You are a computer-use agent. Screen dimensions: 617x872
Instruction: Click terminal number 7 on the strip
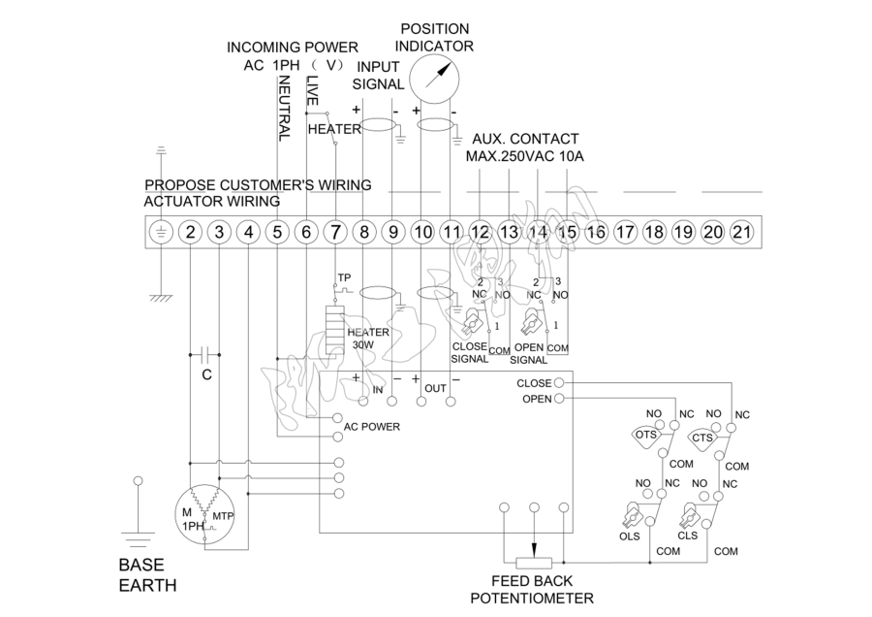coord(335,233)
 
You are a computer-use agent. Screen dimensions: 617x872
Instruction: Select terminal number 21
coord(741,233)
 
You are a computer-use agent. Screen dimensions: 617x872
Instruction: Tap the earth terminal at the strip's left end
coord(161,233)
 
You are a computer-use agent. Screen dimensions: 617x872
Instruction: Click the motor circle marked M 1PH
coord(206,518)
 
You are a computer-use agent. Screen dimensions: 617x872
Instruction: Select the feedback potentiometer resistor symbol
coord(534,563)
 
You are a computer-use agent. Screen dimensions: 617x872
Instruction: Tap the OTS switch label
coord(646,438)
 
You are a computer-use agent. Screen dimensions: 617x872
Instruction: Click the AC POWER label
coord(372,426)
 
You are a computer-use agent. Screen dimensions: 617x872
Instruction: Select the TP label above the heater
coord(343,278)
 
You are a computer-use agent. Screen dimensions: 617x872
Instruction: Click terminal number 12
coord(481,233)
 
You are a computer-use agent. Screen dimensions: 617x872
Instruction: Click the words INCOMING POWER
coord(292,48)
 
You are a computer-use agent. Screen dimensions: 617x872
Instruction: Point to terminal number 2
coord(190,233)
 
